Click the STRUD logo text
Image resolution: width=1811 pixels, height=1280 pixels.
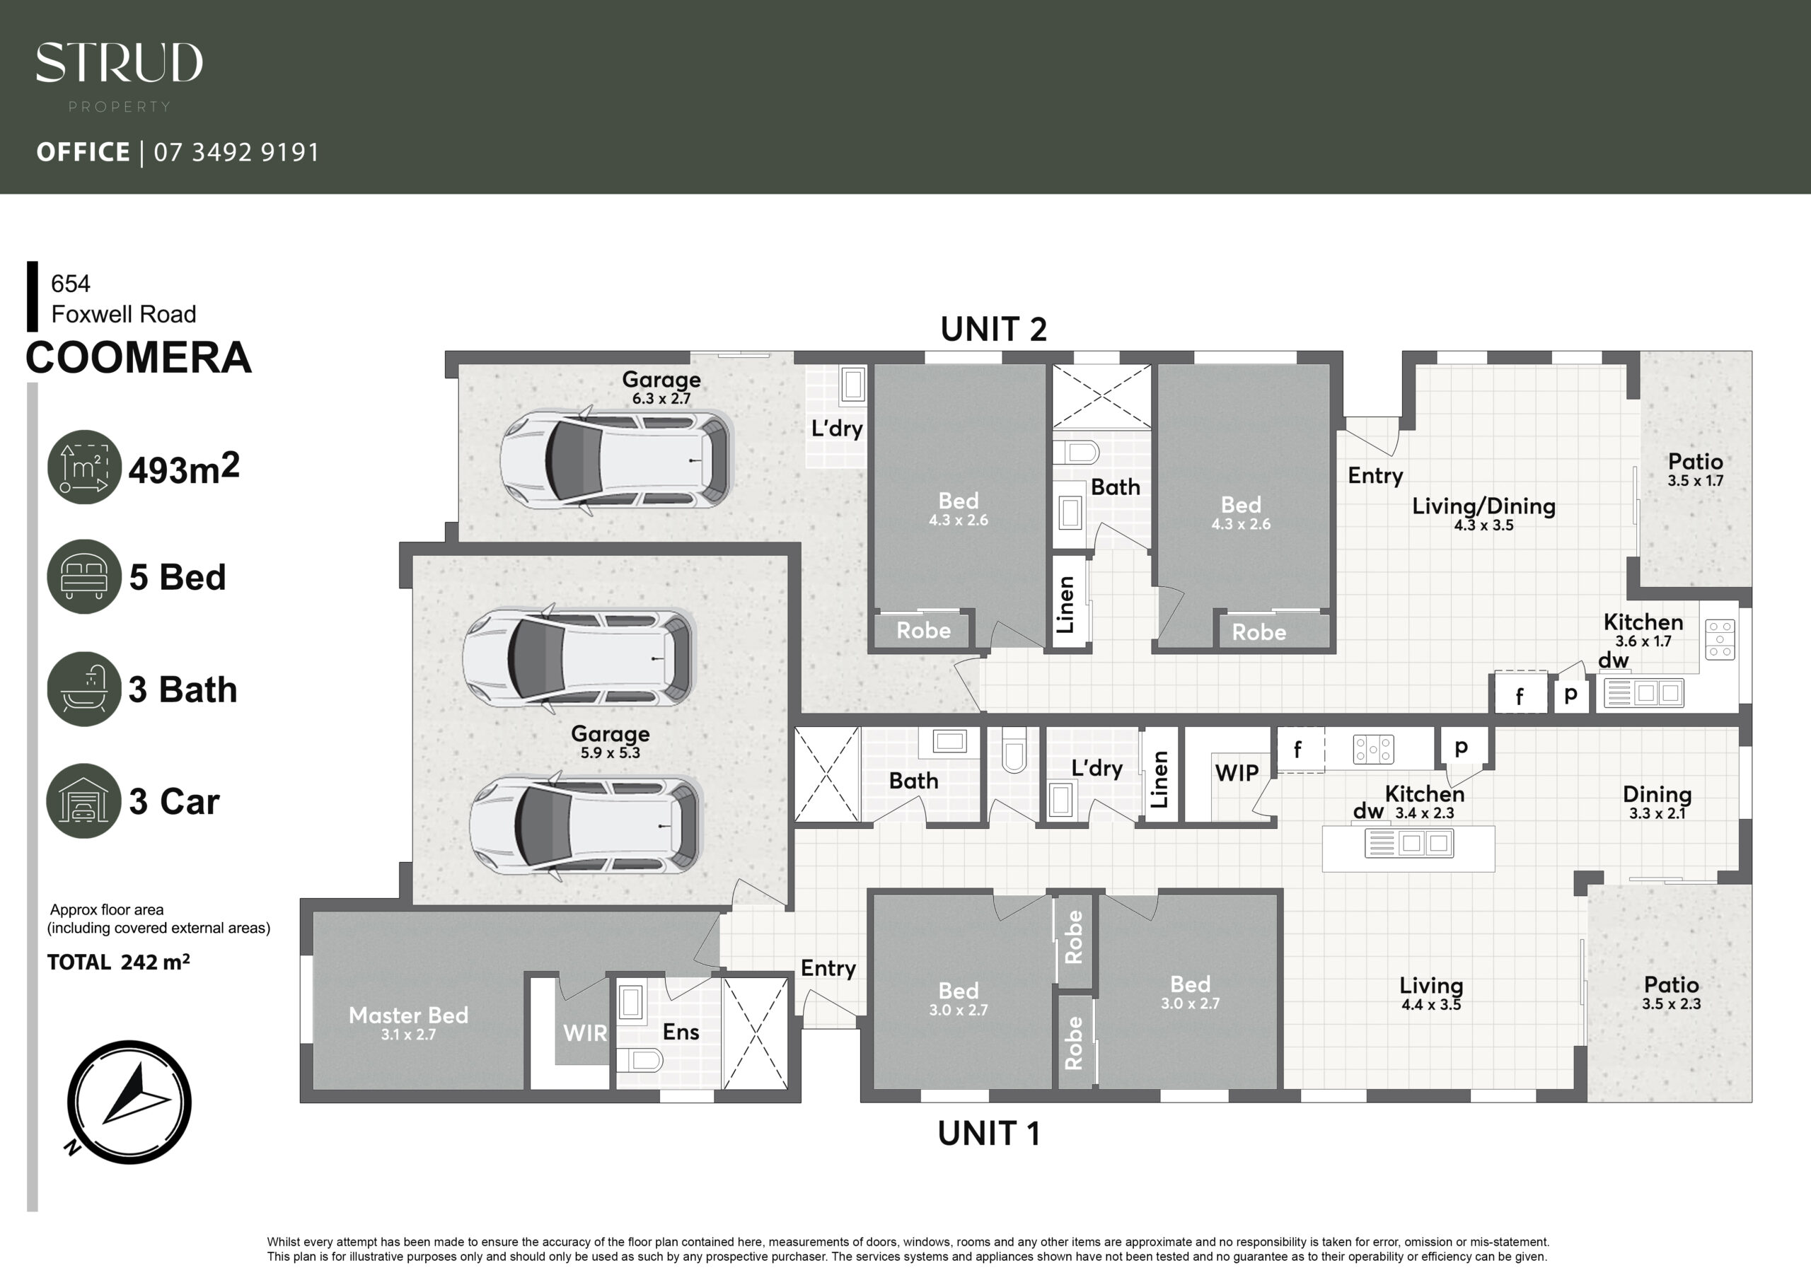(x=119, y=63)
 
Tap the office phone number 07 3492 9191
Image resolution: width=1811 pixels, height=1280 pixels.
(x=236, y=152)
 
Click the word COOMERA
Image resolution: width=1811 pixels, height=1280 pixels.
(x=139, y=357)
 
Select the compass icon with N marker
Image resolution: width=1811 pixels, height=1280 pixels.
(x=129, y=1102)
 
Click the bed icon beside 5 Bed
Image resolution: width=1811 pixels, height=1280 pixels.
(x=84, y=576)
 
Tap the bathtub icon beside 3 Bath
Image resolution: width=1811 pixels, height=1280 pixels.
(x=84, y=689)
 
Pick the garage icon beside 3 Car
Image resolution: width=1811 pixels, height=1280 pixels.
(x=84, y=801)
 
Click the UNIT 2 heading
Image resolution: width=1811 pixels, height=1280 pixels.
(x=994, y=329)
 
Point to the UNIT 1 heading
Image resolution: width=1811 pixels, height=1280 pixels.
(x=989, y=1134)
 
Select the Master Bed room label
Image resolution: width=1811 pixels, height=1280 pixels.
(x=409, y=1015)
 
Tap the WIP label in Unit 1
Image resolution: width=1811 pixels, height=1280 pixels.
(x=1237, y=773)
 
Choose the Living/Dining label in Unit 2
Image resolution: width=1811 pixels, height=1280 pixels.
(x=1483, y=506)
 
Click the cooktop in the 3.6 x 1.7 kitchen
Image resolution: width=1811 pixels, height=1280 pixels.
(x=1720, y=639)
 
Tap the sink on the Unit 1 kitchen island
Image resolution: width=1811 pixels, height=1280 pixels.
(x=1408, y=844)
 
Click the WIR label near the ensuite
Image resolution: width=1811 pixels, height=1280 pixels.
(x=585, y=1033)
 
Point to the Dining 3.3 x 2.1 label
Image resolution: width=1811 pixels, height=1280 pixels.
(x=1657, y=803)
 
